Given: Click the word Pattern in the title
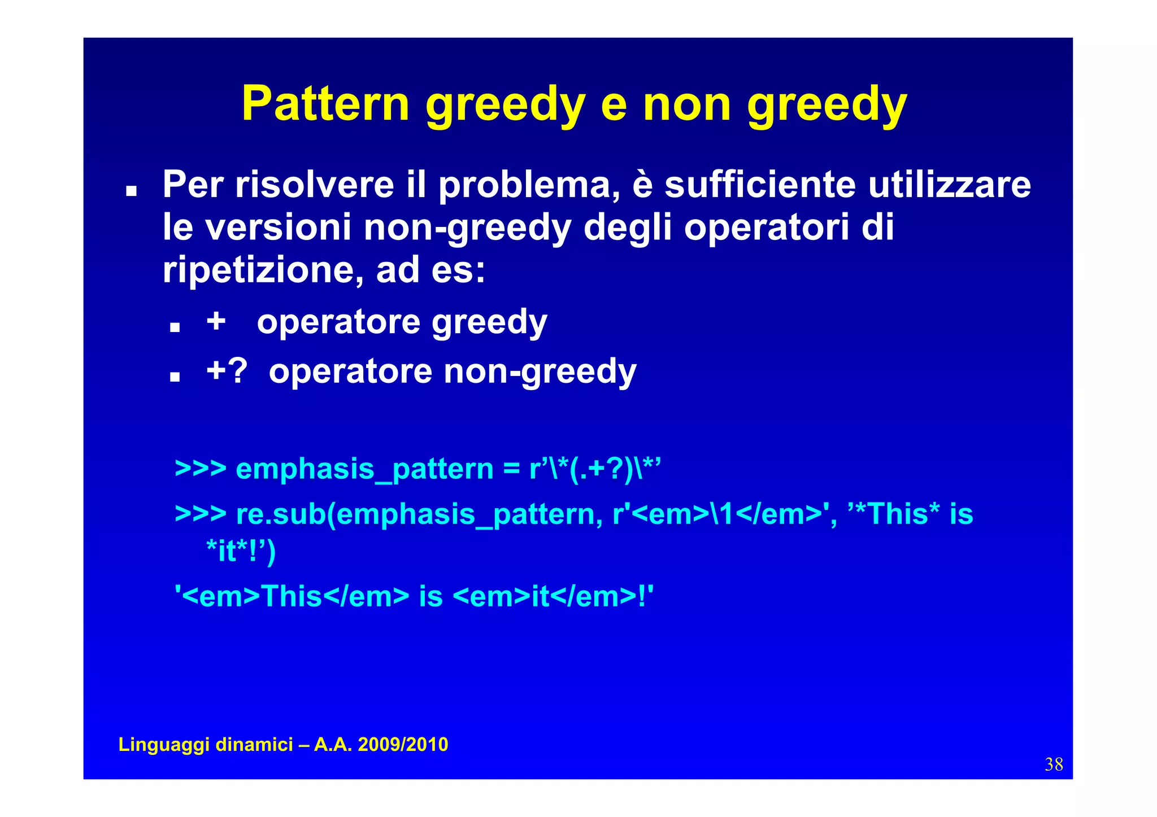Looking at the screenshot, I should coord(325,104).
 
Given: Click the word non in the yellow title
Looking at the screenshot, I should coord(686,105).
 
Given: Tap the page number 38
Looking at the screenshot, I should coord(1054,764).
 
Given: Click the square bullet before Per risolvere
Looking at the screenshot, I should coord(132,192).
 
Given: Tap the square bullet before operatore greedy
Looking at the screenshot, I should coord(175,327).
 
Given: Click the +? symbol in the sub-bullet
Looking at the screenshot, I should coord(227,371).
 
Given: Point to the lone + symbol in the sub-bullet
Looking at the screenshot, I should coord(216,321).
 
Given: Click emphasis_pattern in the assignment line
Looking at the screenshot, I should coord(364,469).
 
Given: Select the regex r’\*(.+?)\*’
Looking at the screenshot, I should coord(595,469).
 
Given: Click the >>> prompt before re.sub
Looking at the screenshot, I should coord(201,514).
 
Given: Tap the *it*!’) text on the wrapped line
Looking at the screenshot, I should coord(241,551).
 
